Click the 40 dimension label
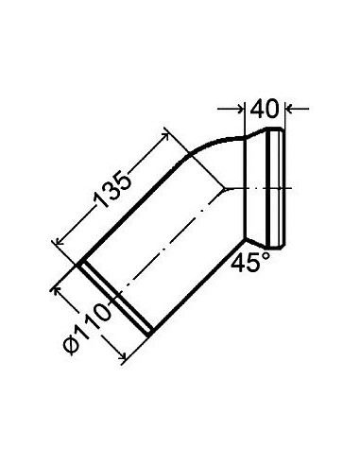point(265,109)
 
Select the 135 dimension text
point(111,190)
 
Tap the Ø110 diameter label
point(87,329)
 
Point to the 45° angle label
point(250,261)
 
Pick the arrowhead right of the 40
point(289,109)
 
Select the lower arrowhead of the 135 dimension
point(59,242)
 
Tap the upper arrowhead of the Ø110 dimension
point(58,289)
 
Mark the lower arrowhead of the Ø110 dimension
point(123,356)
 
